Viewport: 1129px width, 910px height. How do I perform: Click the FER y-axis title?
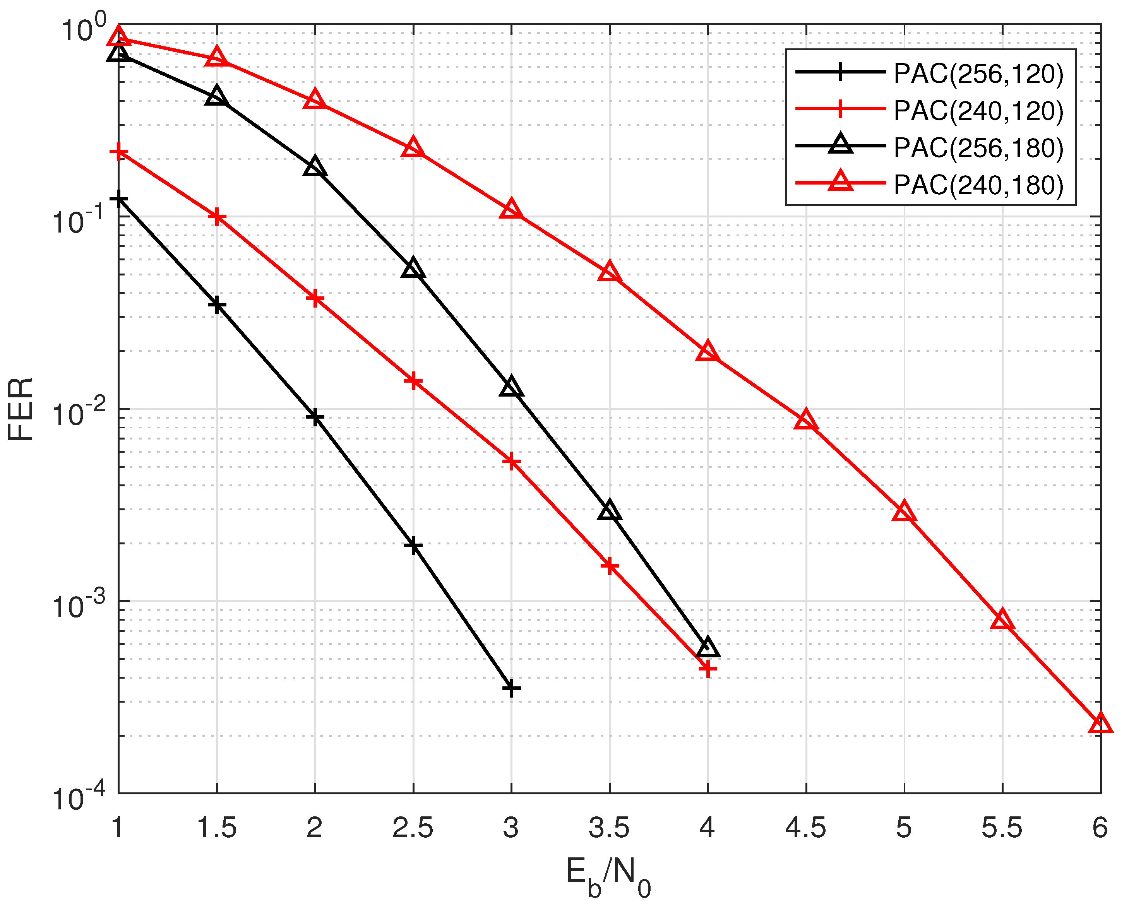click(21, 409)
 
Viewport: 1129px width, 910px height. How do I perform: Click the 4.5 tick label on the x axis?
click(805, 828)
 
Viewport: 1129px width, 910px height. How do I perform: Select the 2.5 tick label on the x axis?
click(413, 828)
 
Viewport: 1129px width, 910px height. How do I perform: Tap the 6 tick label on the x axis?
click(1100, 828)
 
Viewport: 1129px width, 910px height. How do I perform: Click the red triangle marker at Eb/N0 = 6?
click(1100, 724)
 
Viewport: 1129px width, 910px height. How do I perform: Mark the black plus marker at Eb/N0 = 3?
click(511, 688)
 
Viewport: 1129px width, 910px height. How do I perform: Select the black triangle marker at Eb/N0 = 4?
click(708, 648)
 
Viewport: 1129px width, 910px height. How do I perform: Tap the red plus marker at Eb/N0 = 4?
click(708, 669)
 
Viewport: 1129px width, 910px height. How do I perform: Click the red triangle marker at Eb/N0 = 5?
click(903, 511)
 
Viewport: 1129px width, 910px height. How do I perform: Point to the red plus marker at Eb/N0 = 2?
click(315, 299)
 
